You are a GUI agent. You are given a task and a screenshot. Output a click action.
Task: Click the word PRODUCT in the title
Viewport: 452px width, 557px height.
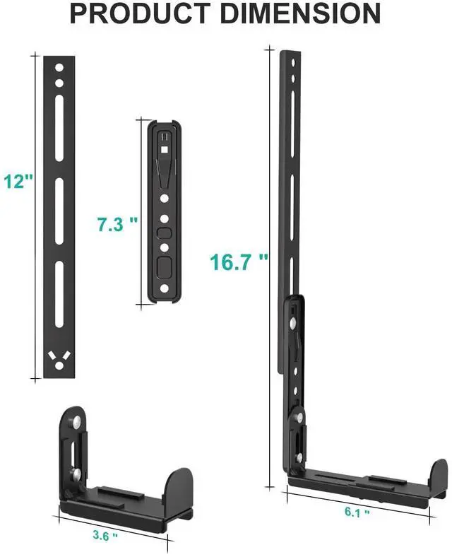click(x=139, y=13)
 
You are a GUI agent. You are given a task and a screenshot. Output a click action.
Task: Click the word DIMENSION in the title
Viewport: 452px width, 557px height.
click(x=300, y=13)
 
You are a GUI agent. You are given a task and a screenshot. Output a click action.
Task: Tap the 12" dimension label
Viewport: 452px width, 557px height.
click(x=18, y=181)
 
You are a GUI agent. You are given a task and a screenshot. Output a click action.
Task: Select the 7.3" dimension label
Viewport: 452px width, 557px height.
click(x=117, y=224)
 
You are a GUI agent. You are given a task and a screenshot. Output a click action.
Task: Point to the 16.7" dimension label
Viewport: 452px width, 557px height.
click(x=239, y=262)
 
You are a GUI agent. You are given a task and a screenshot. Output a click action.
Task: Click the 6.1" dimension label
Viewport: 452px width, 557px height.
click(x=357, y=512)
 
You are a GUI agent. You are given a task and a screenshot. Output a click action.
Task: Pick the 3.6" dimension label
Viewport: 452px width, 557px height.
click(x=105, y=535)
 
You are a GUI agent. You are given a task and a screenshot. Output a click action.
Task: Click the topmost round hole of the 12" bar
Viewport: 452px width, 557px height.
click(x=59, y=68)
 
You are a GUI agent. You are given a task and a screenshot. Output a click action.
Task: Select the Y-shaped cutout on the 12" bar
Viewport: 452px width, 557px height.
click(x=59, y=360)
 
